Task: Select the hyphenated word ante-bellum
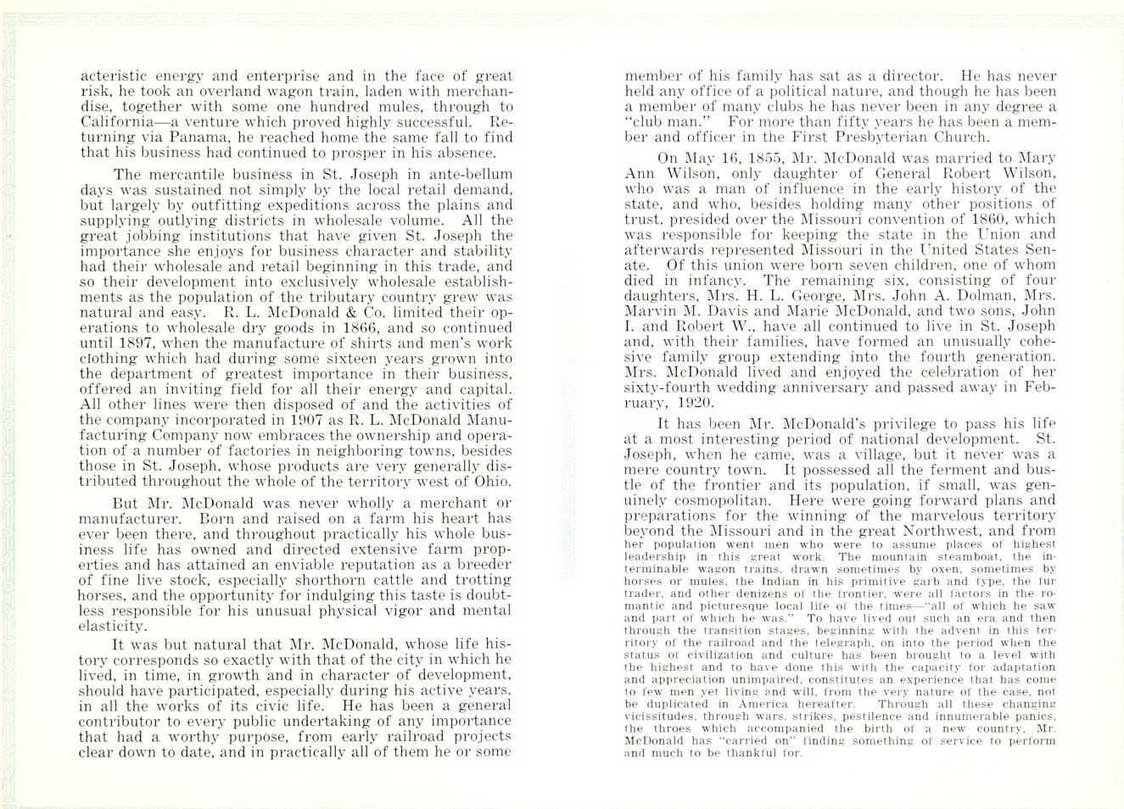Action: coord(470,175)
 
